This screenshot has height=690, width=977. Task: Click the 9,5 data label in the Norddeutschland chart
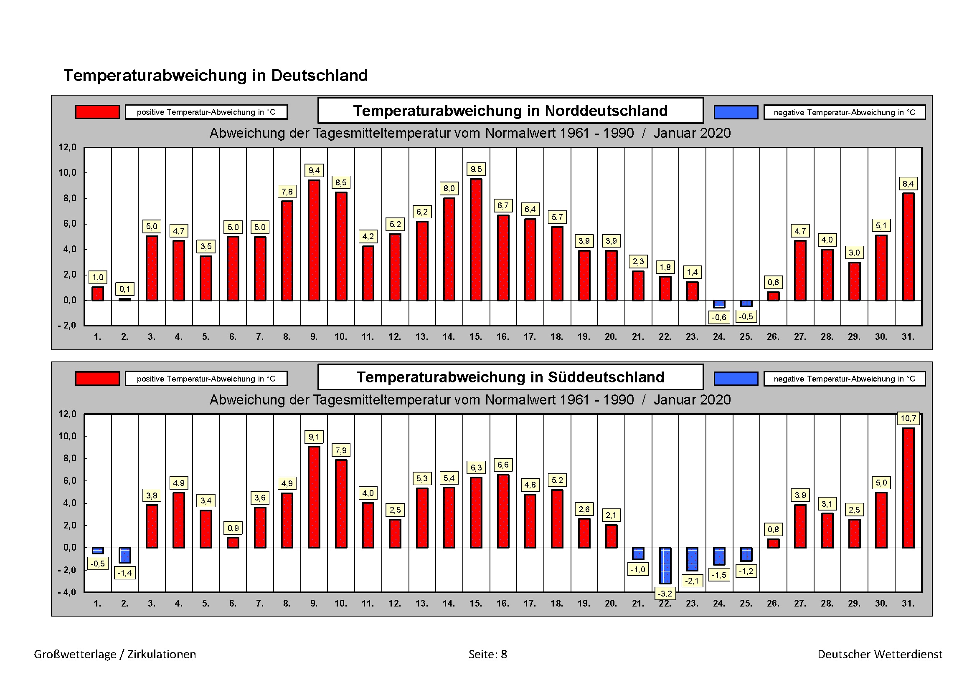(476, 169)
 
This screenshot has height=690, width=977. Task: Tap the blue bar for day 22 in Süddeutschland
(665, 566)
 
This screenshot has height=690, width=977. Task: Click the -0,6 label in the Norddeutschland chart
(719, 317)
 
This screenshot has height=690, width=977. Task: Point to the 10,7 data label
(908, 418)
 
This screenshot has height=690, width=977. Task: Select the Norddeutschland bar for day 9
(314, 240)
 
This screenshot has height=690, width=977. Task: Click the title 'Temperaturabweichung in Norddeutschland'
(510, 111)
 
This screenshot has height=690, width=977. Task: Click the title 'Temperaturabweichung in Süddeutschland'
(510, 377)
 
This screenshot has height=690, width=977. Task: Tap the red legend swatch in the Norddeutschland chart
(97, 112)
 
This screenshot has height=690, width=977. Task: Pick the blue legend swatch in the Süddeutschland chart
(736, 378)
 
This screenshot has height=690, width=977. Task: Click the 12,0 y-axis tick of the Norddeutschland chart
(67, 147)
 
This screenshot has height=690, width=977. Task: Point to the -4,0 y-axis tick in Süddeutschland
(67, 592)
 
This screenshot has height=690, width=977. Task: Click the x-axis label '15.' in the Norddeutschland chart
(476, 337)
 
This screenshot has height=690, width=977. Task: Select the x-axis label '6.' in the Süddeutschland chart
(233, 603)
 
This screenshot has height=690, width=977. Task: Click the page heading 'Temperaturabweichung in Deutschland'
(216, 76)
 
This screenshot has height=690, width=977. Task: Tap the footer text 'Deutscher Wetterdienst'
(880, 654)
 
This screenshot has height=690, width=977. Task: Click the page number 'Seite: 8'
(487, 654)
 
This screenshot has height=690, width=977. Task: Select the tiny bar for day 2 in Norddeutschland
(124, 299)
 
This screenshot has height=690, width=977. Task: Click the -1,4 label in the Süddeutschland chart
(124, 573)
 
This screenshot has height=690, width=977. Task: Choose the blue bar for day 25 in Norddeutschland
(746, 303)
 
